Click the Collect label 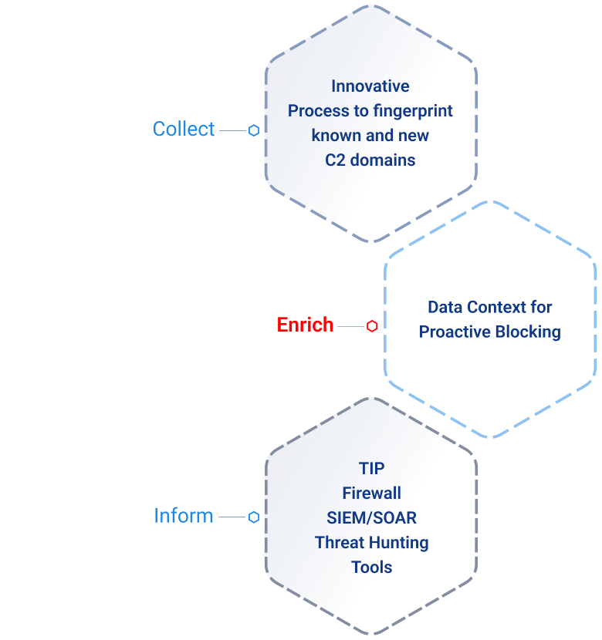coord(184,130)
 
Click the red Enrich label coord(305,325)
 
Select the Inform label coord(184,515)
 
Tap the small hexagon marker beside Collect coord(253,131)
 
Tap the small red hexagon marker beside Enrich coord(372,326)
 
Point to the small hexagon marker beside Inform coord(253,517)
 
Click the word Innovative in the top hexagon coord(370,86)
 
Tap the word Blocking coord(529,332)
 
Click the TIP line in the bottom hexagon coord(371,468)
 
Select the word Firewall coord(371,493)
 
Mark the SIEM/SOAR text coord(371,517)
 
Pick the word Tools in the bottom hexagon coord(371,567)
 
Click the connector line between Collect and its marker coord(232,131)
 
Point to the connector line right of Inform coord(232,517)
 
